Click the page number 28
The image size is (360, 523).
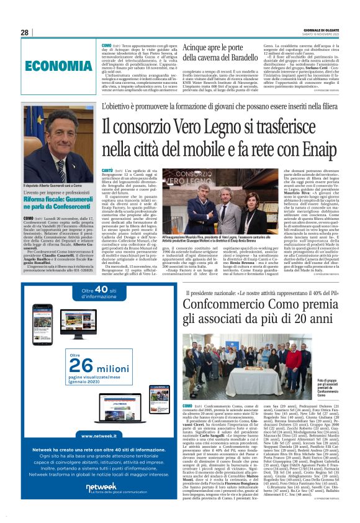coord(24,32)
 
